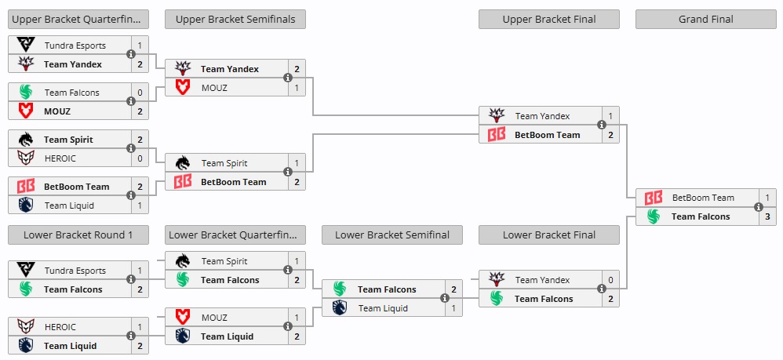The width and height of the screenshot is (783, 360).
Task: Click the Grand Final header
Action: tap(705, 19)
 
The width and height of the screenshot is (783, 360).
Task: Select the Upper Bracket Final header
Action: tap(548, 19)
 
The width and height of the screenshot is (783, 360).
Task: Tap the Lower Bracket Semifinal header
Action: tap(391, 235)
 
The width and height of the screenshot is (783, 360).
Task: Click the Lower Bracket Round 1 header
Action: tap(78, 235)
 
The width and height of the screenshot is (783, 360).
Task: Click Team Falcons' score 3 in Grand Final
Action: tap(767, 216)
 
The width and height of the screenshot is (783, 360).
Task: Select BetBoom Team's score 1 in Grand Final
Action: tap(767, 198)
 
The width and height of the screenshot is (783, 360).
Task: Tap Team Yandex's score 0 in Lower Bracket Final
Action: tap(610, 280)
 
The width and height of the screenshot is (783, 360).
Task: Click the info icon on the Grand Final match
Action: tap(759, 207)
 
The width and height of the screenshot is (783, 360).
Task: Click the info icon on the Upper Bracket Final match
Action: tap(602, 125)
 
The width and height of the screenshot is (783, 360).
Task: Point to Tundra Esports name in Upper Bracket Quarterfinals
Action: tap(75, 45)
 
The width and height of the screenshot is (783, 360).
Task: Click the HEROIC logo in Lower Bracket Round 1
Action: tap(25, 327)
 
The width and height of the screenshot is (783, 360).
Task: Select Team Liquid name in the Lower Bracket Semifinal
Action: tap(383, 308)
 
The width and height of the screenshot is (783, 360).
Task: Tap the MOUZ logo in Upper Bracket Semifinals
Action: tap(182, 88)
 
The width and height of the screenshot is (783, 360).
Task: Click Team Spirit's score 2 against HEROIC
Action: tap(140, 140)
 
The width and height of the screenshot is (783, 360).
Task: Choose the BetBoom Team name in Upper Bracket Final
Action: tap(547, 135)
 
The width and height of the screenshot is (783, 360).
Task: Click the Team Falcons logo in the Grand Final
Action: tap(653, 216)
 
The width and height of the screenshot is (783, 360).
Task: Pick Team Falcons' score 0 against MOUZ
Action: tap(140, 93)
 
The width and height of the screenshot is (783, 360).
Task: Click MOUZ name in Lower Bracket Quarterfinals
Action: tap(214, 318)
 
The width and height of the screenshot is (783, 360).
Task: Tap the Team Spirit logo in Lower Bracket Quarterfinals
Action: tap(182, 261)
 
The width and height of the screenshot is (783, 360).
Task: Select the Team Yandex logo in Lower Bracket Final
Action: tap(496, 280)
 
